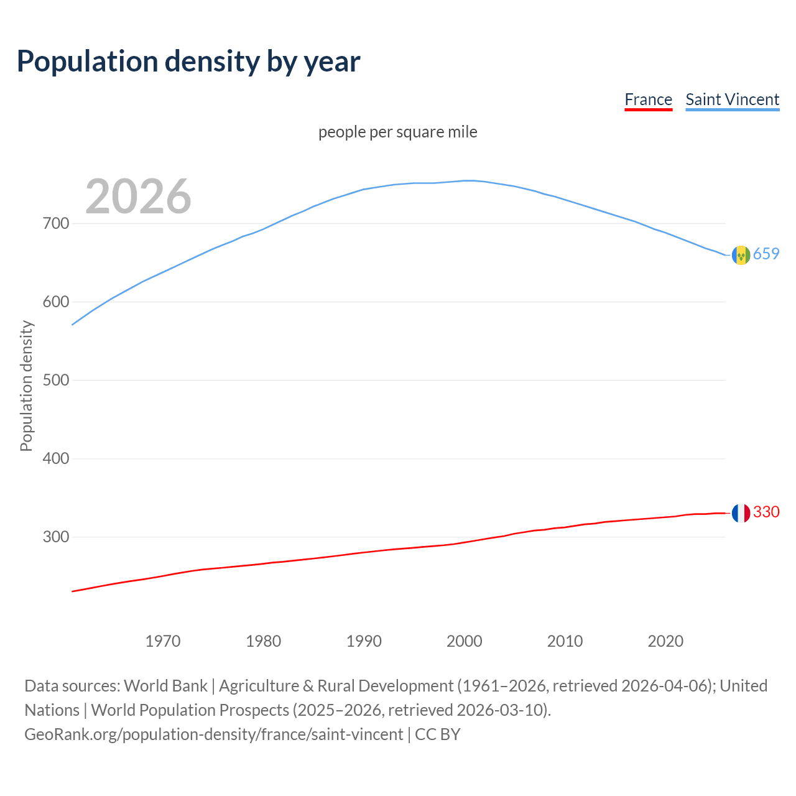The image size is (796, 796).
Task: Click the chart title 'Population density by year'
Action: pyautogui.click(x=188, y=61)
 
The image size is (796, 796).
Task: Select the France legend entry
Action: pyautogui.click(x=648, y=99)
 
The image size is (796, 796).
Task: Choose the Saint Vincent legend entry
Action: pyautogui.click(x=732, y=99)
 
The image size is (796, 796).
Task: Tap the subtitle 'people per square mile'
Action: pyautogui.click(x=398, y=132)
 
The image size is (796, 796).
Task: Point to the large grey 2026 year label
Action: pyautogui.click(x=138, y=197)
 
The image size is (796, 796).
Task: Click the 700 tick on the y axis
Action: pyautogui.click(x=55, y=223)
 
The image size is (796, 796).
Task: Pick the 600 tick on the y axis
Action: pyautogui.click(x=55, y=302)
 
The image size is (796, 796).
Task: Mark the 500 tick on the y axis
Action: pyautogui.click(x=55, y=380)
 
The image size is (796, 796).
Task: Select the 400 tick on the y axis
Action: pyautogui.click(x=55, y=458)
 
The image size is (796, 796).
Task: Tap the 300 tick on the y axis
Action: pyautogui.click(x=55, y=537)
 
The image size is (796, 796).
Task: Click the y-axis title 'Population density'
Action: pyautogui.click(x=26, y=386)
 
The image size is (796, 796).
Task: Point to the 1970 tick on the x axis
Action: pyautogui.click(x=163, y=641)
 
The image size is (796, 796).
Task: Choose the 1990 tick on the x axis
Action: pyautogui.click(x=364, y=641)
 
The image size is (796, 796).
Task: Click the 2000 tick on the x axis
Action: pyautogui.click(x=465, y=641)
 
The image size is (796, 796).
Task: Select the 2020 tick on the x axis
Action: pyautogui.click(x=665, y=641)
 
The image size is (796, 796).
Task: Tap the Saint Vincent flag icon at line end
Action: pyautogui.click(x=741, y=255)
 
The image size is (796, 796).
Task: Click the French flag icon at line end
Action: pyautogui.click(x=741, y=513)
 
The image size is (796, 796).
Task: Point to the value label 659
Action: pyautogui.click(x=766, y=254)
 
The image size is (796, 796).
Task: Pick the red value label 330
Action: pyautogui.click(x=766, y=512)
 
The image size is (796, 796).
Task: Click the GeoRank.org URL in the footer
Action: pyautogui.click(x=213, y=734)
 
